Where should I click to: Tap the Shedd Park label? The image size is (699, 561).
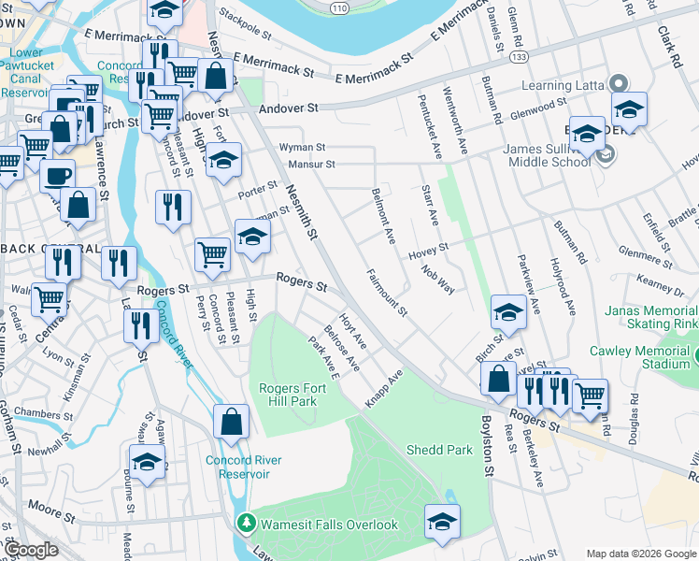439,450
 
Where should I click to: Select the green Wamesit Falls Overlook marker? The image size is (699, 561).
247,524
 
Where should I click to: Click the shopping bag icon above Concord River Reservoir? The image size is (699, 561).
231,422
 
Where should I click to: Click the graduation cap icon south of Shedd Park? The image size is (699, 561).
442,522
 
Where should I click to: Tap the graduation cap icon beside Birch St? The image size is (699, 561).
508,313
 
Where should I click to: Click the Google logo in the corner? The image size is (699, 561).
31,550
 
